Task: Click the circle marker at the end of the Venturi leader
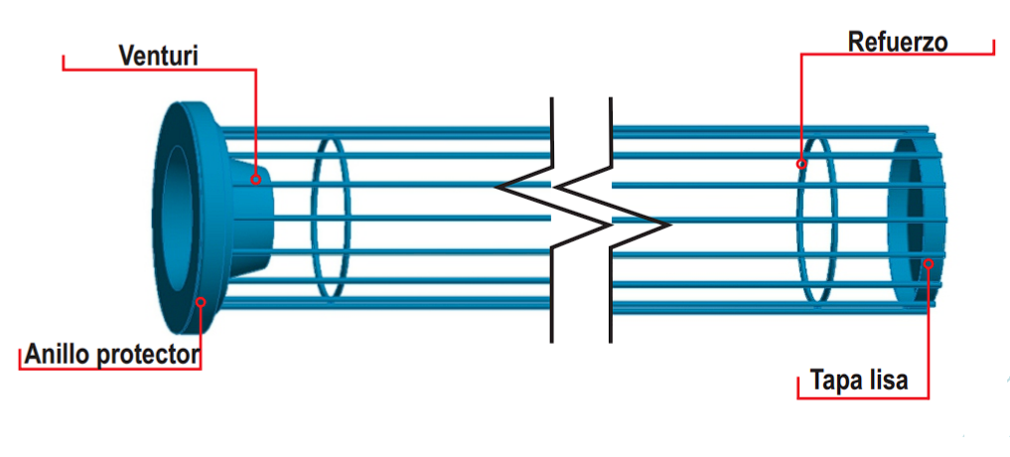pos(255,179)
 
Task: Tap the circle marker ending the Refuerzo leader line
pos(801,164)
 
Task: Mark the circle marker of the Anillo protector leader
pos(201,301)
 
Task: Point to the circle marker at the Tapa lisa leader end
pos(929,263)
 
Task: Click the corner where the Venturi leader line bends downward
pos(255,70)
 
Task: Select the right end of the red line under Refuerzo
pos(994,54)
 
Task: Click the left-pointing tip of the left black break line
pos(497,187)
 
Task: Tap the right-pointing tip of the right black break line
pos(668,225)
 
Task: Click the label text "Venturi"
pos(158,55)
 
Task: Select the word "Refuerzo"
pos(898,42)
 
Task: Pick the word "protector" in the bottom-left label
pos(149,354)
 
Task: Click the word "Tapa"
pos(835,381)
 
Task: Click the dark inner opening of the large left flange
pos(178,218)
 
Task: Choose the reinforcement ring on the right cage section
pos(816,220)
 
